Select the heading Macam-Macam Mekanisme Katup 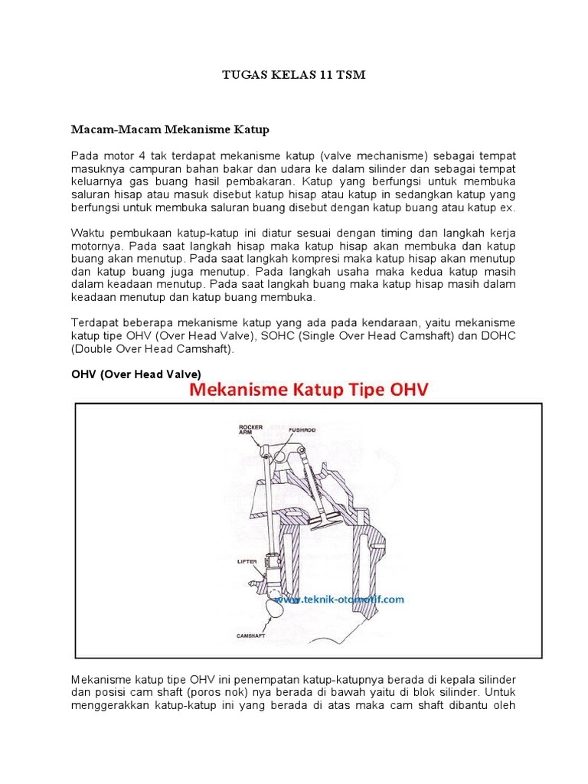coord(170,129)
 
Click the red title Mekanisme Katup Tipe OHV coord(309,390)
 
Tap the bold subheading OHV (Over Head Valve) coord(136,374)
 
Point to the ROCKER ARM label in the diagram coord(250,430)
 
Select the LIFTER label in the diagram coord(247,561)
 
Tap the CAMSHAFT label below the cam coord(252,635)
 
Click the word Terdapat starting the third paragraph coord(95,322)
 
